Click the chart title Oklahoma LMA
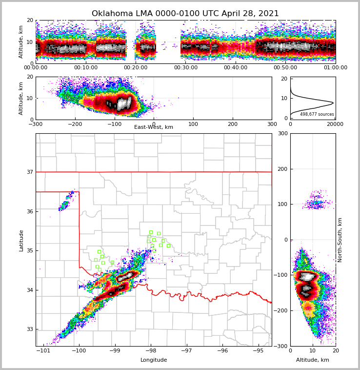pyautogui.click(x=185, y=14)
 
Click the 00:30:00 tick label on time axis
pyautogui.click(x=186, y=68)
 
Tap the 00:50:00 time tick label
pyautogui.click(x=285, y=68)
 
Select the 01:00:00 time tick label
pyautogui.click(x=335, y=68)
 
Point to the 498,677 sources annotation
pyautogui.click(x=317, y=114)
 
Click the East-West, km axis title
pyautogui.click(x=154, y=127)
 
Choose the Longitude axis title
pyautogui.click(x=154, y=360)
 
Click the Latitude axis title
pyautogui.click(x=21, y=240)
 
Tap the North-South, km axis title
pyautogui.click(x=340, y=240)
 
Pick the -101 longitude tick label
pyautogui.click(x=43, y=350)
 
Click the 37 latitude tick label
pyautogui.click(x=29, y=172)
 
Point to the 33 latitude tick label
pyautogui.click(x=29, y=329)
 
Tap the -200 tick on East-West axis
pyautogui.click(x=75, y=124)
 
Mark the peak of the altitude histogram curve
pyautogui.click(x=333, y=103)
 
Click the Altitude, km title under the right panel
pyautogui.click(x=313, y=360)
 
